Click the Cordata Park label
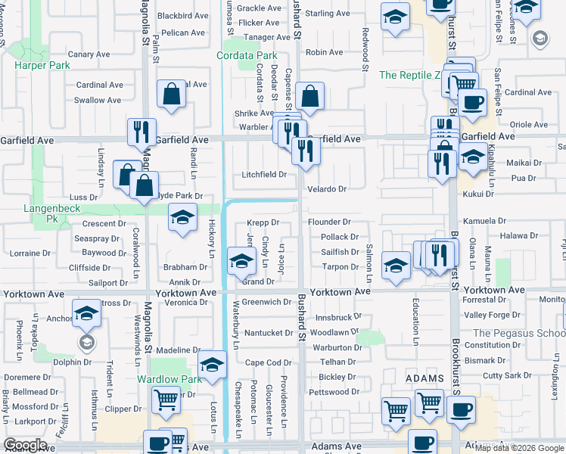coord(247,55)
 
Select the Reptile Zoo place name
coord(409,75)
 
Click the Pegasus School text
coord(519,333)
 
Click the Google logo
coord(25,445)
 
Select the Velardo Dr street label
coord(327,189)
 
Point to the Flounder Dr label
coord(329,222)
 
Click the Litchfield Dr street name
coord(264,175)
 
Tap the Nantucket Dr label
coord(269,333)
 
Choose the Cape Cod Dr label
coord(268,362)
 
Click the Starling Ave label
coord(328,14)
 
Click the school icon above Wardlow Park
coord(213,365)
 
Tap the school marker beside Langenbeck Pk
coord(182,219)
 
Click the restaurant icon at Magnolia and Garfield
coord(141,132)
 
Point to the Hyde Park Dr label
coord(180,195)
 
